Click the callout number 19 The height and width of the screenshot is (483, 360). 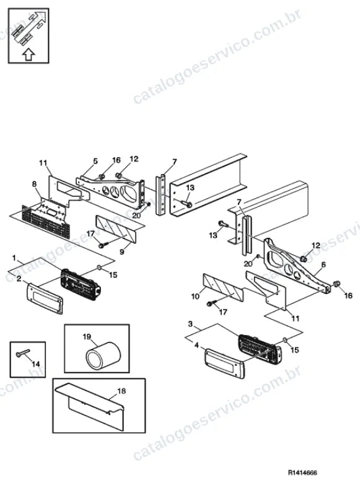point(87,336)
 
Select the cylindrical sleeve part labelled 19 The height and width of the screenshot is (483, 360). point(103,355)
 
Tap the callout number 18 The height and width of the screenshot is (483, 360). point(121,391)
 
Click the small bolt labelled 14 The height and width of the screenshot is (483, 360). point(23,353)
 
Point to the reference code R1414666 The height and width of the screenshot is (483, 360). point(302,472)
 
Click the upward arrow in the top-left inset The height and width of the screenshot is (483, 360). point(29,54)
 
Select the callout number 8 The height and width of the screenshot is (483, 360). point(34,184)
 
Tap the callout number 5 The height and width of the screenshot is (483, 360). point(95,161)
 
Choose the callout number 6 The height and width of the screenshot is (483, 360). point(323,264)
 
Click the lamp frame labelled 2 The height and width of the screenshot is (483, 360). point(45,298)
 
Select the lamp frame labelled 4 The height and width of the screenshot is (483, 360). point(224,363)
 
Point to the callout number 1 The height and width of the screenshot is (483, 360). point(14,258)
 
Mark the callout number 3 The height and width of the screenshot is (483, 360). point(190,324)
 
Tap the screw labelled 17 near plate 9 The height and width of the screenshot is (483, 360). point(102,245)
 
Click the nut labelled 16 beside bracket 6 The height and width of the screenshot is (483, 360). point(336,284)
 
